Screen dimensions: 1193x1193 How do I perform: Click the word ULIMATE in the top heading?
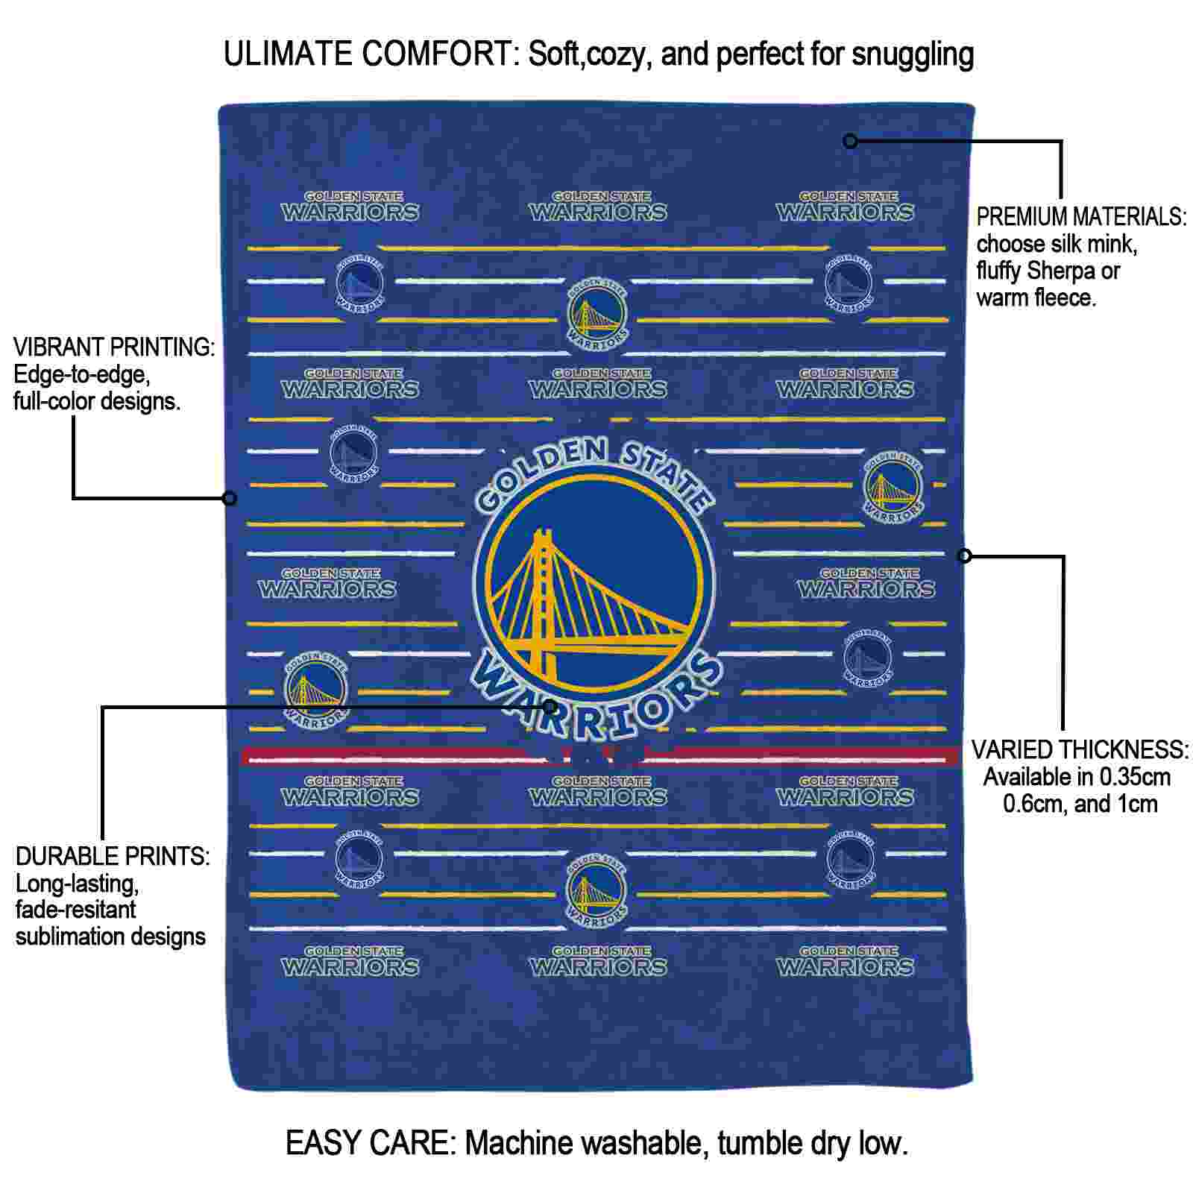288,54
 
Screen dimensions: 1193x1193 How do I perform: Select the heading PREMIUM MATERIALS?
1081,217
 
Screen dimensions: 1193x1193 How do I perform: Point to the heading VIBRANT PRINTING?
114,347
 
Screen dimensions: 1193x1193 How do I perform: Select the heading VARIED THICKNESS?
1080,749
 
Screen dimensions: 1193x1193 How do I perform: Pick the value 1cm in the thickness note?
1136,804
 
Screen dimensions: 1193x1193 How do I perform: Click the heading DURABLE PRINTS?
113,856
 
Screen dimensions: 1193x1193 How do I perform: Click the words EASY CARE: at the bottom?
371,1142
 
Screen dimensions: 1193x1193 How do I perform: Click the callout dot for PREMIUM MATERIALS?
850,141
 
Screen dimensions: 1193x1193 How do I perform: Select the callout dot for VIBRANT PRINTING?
230,498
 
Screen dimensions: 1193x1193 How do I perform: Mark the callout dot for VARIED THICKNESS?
964,555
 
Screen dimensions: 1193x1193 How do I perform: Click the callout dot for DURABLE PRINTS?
550,706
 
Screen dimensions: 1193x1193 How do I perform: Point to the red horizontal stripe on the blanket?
600,757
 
